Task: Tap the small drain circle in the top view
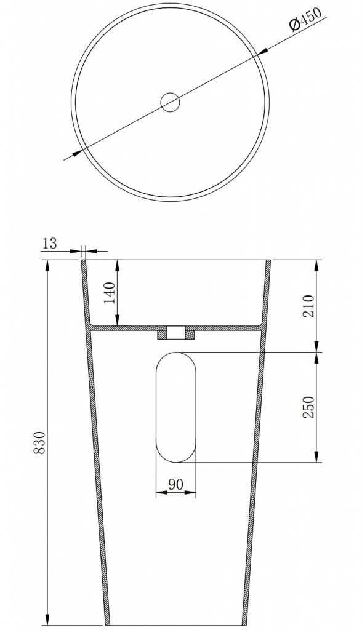170,102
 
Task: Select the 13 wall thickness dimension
50,244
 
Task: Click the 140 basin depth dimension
110,292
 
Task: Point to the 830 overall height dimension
39,443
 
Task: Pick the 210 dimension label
309,306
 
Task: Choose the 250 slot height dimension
309,407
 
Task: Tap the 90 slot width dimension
176,485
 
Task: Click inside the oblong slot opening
176,407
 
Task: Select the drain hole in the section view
175,333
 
